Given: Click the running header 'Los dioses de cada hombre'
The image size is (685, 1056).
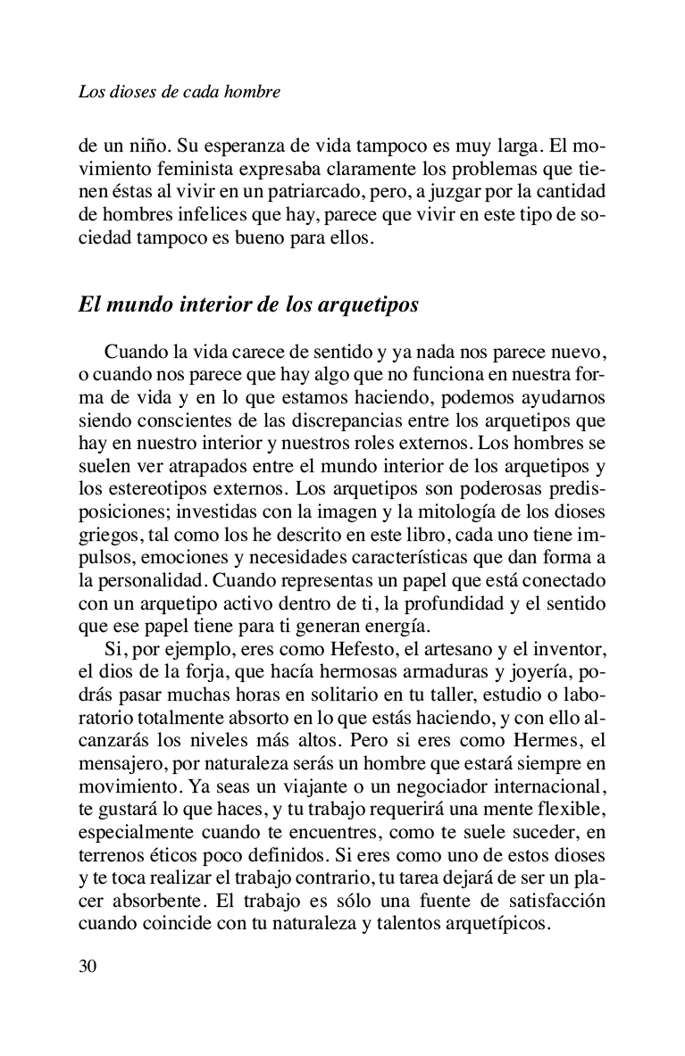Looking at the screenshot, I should (180, 92).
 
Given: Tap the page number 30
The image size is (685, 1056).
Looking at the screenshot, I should (88, 967).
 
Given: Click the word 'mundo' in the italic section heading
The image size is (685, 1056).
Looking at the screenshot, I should (143, 304).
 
